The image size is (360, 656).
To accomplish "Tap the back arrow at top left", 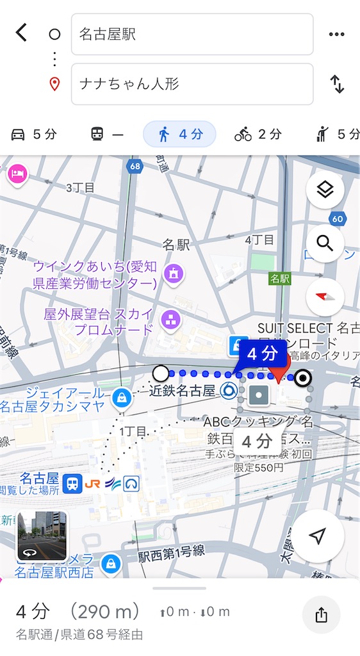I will [x=22, y=33].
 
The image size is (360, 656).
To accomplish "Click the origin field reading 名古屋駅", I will [x=192, y=35].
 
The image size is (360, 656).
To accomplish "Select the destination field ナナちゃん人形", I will [x=192, y=84].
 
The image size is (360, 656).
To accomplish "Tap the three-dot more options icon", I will [x=336, y=35].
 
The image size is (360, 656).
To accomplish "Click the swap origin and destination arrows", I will [x=337, y=84].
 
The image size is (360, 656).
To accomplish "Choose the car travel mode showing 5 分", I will [x=35, y=135].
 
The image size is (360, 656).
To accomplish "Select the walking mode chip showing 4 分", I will [x=179, y=135].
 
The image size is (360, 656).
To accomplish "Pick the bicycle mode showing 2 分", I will [x=258, y=135].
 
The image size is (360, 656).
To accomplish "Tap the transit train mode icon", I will [x=106, y=135].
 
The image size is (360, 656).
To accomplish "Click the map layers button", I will [x=325, y=190].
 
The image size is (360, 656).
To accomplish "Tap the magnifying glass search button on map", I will [x=325, y=243].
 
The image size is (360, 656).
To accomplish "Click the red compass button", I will [x=325, y=297].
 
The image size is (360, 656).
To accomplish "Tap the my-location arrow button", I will [x=318, y=537].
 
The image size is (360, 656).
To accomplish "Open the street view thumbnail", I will [x=42, y=536].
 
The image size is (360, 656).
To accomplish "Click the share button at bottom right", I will [x=322, y=616].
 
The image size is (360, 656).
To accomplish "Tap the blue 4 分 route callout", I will [x=263, y=354].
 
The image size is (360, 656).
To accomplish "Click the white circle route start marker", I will [x=161, y=373].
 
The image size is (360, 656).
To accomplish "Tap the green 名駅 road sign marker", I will [x=279, y=279].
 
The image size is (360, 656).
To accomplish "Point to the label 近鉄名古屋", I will [x=183, y=390].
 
